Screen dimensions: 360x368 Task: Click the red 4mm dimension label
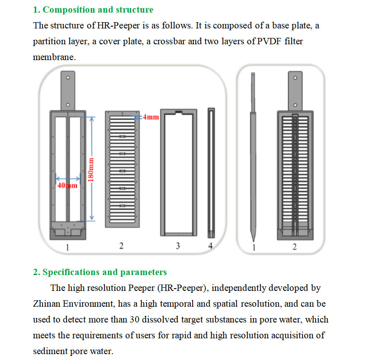coord(151,117)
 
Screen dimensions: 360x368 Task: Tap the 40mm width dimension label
coord(68,186)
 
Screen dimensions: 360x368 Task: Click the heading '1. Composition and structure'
coord(93,9)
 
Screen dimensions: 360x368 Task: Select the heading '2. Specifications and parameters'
coord(100,272)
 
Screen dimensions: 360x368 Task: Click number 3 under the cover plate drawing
coord(178,246)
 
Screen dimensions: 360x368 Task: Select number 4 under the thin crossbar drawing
coord(210,246)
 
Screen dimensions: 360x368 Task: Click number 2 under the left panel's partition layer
coord(121,246)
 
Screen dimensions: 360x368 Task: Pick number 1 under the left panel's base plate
coord(67,247)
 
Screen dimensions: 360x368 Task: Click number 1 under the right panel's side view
coord(254,247)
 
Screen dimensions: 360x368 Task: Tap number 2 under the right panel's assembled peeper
coord(295,247)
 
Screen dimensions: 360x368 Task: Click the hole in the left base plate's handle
coord(68,77)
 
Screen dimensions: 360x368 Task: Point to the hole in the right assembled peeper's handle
coord(295,77)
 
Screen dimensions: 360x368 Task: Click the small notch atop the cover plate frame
coord(179,111)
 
